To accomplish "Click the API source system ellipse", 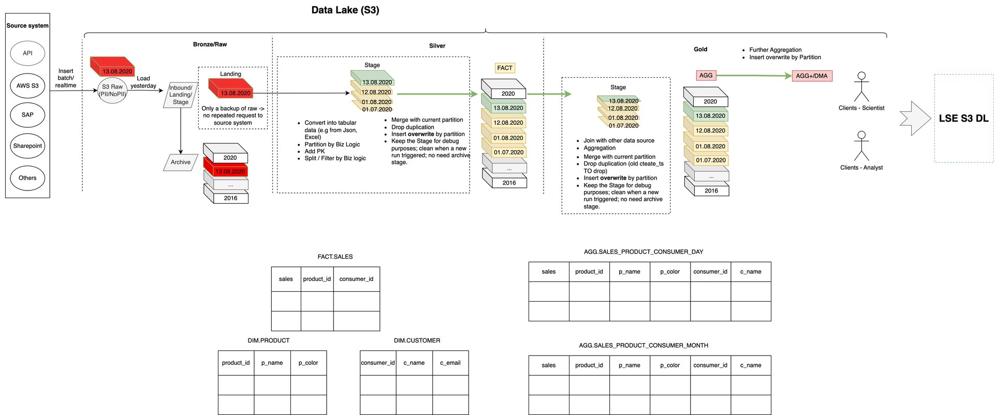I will click(27, 53).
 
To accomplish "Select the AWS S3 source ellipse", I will click(27, 86).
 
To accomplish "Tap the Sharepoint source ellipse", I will click(27, 146).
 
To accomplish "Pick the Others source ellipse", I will click(27, 178).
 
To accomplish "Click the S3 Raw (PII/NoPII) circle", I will click(112, 91).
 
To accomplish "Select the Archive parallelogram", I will click(181, 162).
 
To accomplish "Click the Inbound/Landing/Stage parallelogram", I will click(181, 95).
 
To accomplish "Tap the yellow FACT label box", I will click(505, 68).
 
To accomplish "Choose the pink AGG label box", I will click(706, 76).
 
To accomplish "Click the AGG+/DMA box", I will click(812, 76).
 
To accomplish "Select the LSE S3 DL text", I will click(963, 118).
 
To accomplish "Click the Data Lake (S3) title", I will click(345, 10).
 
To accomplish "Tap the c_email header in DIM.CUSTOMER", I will click(450, 363).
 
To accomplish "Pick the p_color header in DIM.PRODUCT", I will click(308, 363).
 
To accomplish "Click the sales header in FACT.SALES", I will click(286, 279).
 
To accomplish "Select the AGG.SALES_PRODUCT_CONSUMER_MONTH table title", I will click(644, 345).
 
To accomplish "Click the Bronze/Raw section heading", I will click(210, 45).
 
